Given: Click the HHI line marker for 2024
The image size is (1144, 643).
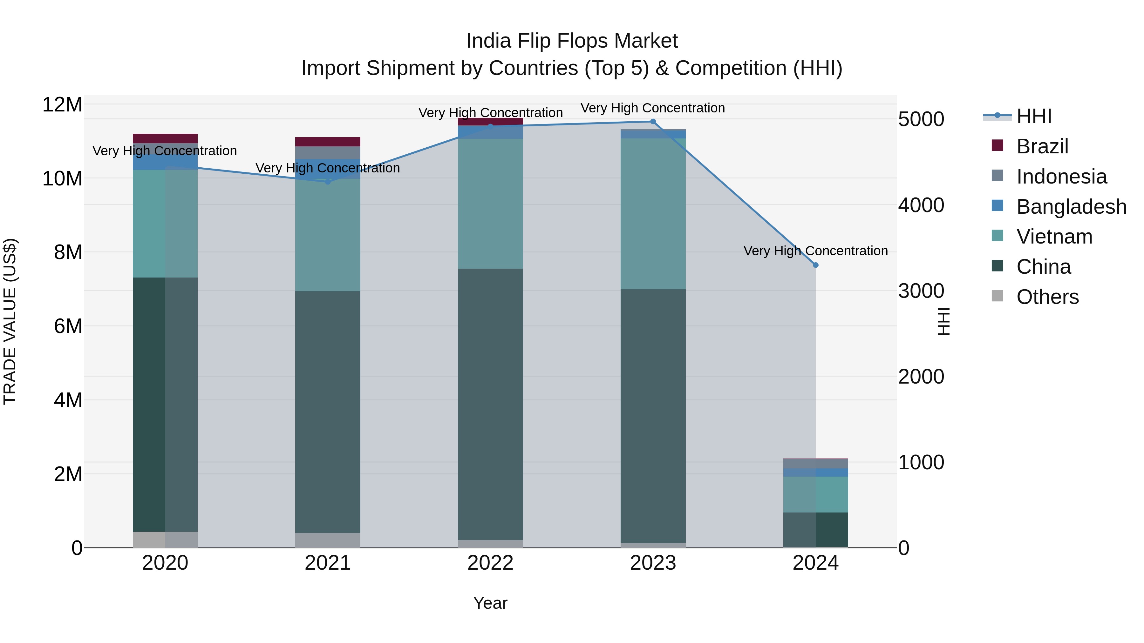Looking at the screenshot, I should coord(815,265).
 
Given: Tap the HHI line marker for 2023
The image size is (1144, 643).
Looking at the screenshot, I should coord(653,122).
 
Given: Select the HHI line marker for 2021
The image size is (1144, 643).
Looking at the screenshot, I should coord(328,182).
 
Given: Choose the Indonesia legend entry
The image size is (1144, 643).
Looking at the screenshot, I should coord(1061,177).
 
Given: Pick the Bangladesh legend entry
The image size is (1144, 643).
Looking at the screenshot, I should coord(1071,207).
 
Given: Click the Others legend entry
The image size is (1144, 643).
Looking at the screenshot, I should coord(1047,297).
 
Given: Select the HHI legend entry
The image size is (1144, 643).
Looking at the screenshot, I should coord(1034,116).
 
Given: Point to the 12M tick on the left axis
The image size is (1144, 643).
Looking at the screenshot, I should coord(62,105).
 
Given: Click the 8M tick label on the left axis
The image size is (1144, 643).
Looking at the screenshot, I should coord(68,252).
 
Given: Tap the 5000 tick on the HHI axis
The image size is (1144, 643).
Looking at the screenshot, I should coord(921,119).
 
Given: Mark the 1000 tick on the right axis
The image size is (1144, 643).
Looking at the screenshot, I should coord(921,462).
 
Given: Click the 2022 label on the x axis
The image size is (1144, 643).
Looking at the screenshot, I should coord(490,563).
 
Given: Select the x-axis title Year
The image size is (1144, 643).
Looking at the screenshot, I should coord(490,603).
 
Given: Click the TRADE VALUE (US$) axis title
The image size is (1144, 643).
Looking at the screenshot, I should coord(10,321).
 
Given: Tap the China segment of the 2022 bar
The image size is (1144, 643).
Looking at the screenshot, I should coord(490,404).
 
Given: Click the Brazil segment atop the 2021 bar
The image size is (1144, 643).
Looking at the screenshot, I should coord(328,142).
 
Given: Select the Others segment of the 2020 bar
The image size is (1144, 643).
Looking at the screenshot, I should coord(165,539).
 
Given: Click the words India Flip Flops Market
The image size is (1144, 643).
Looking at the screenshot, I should coord(572,41).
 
